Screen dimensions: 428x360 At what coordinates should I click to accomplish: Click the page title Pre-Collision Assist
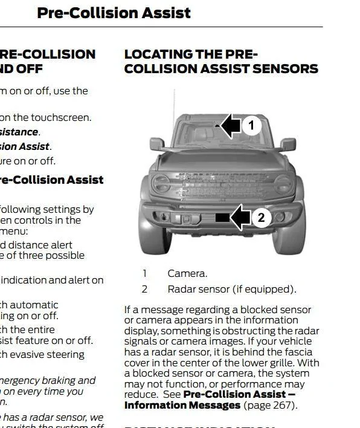click(114, 13)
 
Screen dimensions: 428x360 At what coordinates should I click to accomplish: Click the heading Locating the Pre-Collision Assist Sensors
click(220, 62)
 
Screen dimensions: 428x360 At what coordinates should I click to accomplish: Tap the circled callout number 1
click(251, 126)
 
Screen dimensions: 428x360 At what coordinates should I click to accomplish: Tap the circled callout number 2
click(261, 218)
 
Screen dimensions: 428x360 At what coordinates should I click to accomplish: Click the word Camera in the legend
click(187, 273)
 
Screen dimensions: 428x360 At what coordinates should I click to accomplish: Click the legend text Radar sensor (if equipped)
click(232, 289)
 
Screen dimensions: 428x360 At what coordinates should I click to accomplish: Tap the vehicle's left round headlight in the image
click(161, 183)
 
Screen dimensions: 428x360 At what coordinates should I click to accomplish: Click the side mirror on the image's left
click(157, 144)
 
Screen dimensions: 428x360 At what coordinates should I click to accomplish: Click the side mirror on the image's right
click(288, 144)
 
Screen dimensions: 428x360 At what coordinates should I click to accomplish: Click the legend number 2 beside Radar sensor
click(144, 289)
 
